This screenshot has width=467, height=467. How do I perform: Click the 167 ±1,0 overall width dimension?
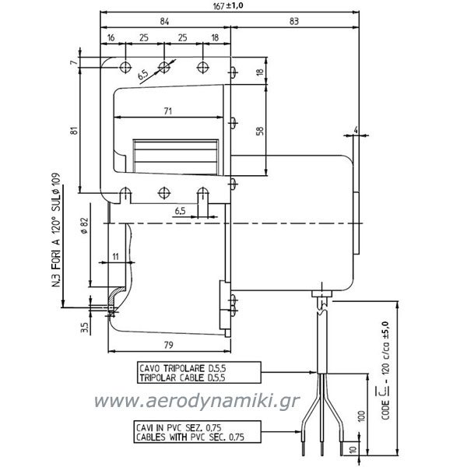(x=228, y=5)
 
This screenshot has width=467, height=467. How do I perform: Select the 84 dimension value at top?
(x=164, y=22)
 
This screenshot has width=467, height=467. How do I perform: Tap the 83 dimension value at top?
(x=293, y=22)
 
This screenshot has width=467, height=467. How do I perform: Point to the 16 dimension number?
(x=111, y=38)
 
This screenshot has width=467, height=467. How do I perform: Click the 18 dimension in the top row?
(x=215, y=38)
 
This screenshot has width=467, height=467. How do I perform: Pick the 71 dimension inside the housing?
(x=167, y=111)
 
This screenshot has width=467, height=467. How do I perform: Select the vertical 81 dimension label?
(x=74, y=131)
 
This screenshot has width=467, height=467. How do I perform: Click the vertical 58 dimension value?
(x=260, y=131)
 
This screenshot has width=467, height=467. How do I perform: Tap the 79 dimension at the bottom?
(x=169, y=345)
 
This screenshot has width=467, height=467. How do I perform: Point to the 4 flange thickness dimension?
(x=356, y=130)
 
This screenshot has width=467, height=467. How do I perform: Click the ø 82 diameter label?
(x=85, y=226)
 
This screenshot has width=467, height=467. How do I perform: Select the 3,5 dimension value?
(x=85, y=328)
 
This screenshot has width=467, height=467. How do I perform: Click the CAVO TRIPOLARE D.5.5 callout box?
(x=199, y=373)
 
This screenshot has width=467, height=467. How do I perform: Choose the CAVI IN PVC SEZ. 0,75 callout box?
(x=197, y=432)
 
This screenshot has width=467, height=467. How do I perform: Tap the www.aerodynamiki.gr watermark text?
(x=197, y=401)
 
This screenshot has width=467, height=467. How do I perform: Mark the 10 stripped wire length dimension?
(x=353, y=449)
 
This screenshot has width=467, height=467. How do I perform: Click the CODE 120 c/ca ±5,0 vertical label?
(x=385, y=370)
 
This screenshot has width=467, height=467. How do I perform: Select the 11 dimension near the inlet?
(x=115, y=256)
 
